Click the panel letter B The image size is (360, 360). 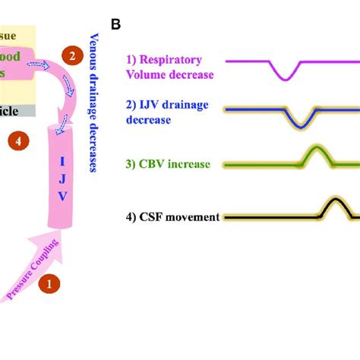click(116, 24)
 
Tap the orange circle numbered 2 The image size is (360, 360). click(71, 55)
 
